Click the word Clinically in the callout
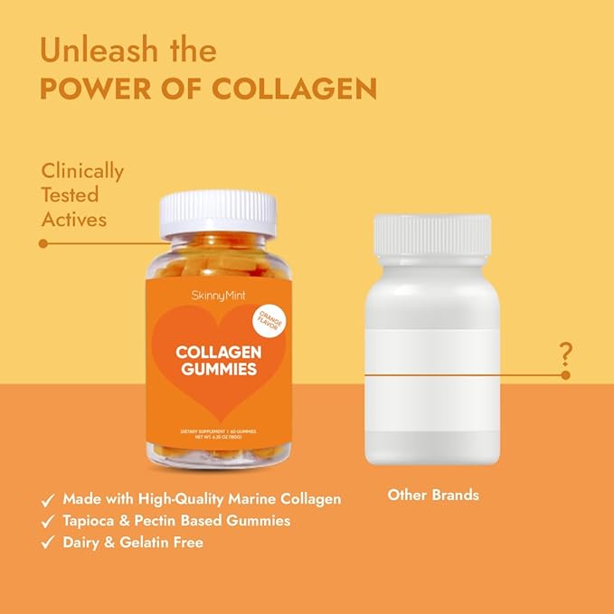(x=82, y=171)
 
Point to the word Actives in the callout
(x=74, y=219)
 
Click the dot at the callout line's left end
(x=43, y=243)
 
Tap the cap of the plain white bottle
(x=431, y=234)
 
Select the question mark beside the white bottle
(x=566, y=351)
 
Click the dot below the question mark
(x=565, y=374)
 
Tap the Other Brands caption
(x=433, y=496)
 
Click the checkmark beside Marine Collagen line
(x=47, y=499)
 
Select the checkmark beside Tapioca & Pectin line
(x=47, y=521)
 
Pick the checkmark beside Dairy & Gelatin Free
(x=47, y=543)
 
